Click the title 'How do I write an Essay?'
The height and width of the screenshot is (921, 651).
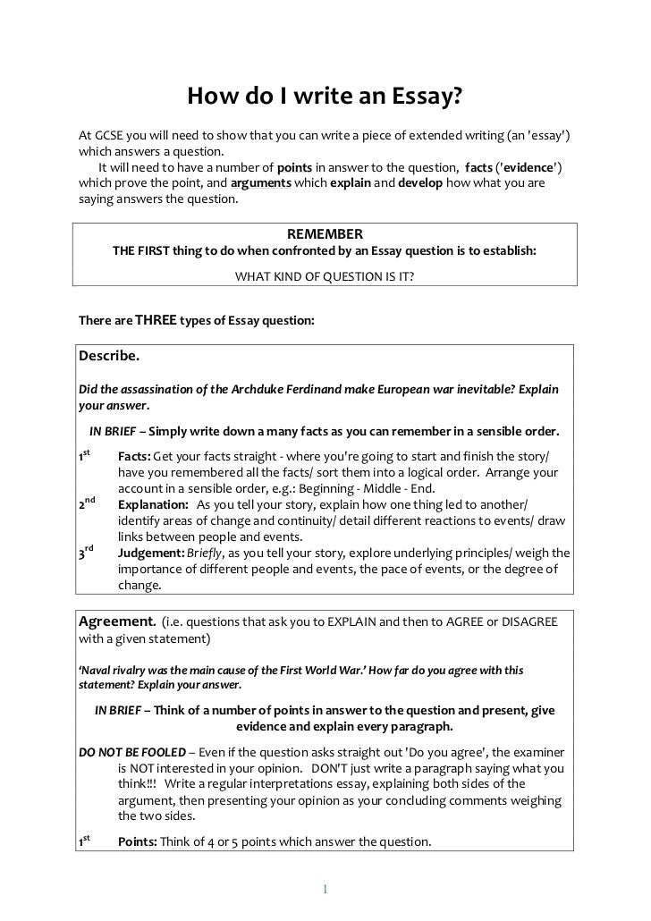click(325, 96)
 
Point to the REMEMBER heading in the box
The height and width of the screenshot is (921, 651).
click(325, 234)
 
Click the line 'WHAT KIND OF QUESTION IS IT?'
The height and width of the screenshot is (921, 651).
click(325, 277)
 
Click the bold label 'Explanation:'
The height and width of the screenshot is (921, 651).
click(153, 505)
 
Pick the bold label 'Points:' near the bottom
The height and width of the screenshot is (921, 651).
click(138, 841)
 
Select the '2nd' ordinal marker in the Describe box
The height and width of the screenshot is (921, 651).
click(88, 504)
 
